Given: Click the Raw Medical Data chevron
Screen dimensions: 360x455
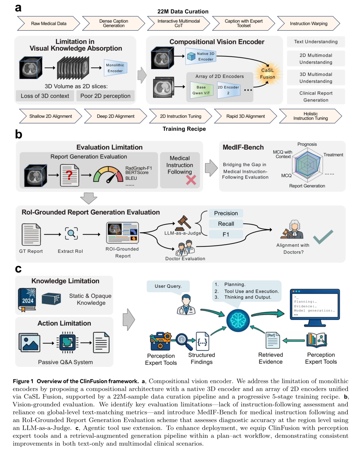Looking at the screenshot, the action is pyautogui.click(x=49, y=23).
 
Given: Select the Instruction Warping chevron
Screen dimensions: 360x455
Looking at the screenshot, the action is pyautogui.click(x=309, y=23).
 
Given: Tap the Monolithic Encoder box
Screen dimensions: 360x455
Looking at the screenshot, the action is pyautogui.click(x=115, y=68).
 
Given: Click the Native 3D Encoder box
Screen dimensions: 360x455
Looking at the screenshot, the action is pyautogui.click(x=201, y=56).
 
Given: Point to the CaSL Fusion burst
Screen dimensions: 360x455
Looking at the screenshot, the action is pyautogui.click(x=268, y=74).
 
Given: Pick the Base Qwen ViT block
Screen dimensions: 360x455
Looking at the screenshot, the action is pyautogui.click(x=201, y=90).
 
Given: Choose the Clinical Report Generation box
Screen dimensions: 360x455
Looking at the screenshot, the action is pyautogui.click(x=316, y=97).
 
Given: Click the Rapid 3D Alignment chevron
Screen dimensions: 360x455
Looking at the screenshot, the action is pyautogui.click(x=246, y=116).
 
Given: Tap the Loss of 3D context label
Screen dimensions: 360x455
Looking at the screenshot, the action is pyautogui.click(x=45, y=96).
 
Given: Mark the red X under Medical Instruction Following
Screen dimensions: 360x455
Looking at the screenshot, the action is pyautogui.click(x=191, y=180).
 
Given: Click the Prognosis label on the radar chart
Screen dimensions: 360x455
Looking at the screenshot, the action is pyautogui.click(x=307, y=144).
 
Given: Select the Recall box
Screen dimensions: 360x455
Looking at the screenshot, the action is pyautogui.click(x=226, y=224).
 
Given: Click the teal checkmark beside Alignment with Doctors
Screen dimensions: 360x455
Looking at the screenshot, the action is pyautogui.click(x=323, y=237).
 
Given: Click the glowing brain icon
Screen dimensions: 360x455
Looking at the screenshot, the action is pyautogui.click(x=238, y=320).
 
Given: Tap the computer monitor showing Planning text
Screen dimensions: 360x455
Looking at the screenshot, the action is pyautogui.click(x=315, y=308).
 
